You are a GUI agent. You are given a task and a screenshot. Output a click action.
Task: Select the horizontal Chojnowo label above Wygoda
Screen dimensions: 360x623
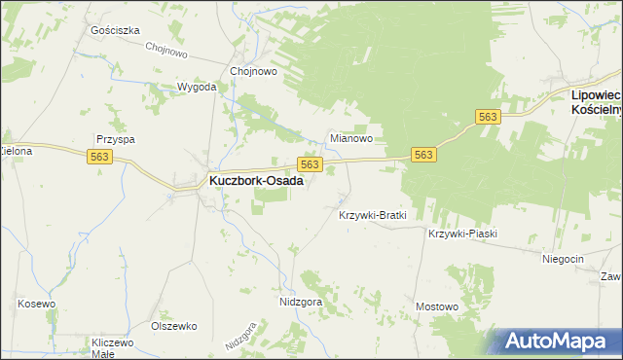tap(254, 71)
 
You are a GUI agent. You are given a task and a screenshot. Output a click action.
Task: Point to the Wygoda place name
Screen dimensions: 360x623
tap(196, 87)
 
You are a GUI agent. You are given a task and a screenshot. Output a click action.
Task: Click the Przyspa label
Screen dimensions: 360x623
tap(115, 139)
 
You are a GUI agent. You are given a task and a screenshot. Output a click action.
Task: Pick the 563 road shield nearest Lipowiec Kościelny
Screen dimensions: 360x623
tap(489, 117)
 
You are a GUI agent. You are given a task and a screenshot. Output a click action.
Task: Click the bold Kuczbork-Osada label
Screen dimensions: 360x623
tap(250, 181)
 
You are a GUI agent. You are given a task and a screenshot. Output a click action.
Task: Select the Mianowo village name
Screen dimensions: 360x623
tap(351, 139)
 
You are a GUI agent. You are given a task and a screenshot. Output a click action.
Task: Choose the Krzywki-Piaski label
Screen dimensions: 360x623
tap(462, 234)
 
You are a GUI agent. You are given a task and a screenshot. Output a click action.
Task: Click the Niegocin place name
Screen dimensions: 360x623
tap(563, 258)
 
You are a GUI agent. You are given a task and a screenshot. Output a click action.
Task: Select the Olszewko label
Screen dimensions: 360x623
tap(174, 326)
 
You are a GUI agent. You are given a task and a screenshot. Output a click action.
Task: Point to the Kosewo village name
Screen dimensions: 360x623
tap(35, 304)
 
